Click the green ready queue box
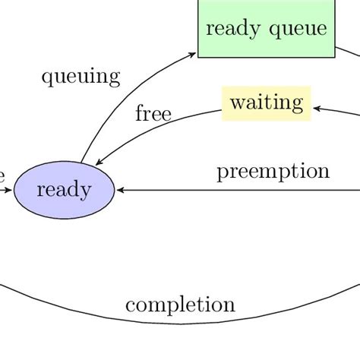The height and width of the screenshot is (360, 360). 266,29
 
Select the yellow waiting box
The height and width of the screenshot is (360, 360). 266,103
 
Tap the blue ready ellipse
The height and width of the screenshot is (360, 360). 64,189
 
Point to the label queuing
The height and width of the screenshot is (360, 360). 81,76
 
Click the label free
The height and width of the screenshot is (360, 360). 153,115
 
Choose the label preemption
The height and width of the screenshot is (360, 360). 273,171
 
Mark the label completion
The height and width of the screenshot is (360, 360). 180,305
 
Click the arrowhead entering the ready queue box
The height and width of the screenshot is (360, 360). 193,54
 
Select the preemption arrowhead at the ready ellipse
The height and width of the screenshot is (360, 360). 119,190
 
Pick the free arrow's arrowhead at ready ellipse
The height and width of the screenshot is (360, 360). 99,162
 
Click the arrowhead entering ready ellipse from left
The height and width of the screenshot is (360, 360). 9,190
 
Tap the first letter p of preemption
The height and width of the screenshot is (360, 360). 222,173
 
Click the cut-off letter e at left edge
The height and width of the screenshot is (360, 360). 2,175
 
